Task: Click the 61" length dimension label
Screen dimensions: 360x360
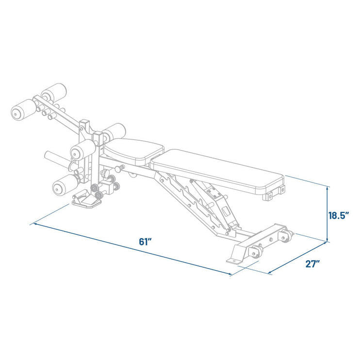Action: [x=146, y=242]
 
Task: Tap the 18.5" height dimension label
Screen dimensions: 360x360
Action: [x=339, y=215]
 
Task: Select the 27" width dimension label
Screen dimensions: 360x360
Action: [x=313, y=263]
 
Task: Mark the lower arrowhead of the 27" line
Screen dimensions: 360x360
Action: [x=270, y=273]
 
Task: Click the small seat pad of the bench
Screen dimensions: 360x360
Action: [x=133, y=151]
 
